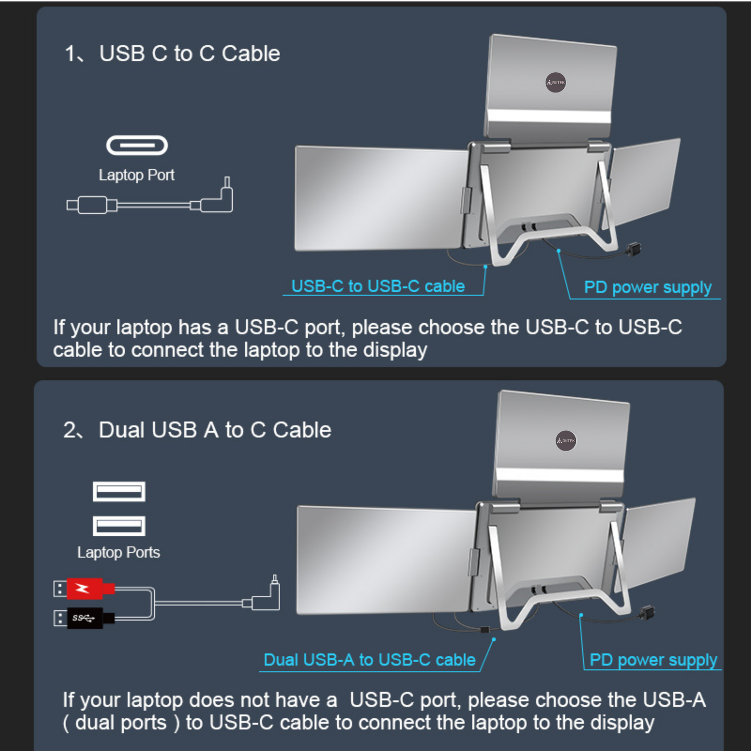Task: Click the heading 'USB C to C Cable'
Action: (x=189, y=54)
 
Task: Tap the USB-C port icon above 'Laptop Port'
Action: (x=137, y=146)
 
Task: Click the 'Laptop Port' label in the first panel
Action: (x=136, y=175)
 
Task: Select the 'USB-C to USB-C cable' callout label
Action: (x=378, y=286)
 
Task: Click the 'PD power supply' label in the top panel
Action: (x=647, y=287)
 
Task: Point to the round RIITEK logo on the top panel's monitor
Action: (x=556, y=83)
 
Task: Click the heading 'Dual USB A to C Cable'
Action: (x=215, y=430)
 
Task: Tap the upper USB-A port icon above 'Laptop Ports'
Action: (x=119, y=491)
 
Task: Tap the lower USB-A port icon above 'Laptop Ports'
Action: (x=119, y=526)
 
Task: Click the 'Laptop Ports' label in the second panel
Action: (x=118, y=552)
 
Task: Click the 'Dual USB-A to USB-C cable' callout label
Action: (x=370, y=660)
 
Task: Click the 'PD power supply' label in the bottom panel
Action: (x=653, y=660)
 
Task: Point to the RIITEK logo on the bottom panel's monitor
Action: (x=566, y=441)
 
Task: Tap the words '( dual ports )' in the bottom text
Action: (x=121, y=723)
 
